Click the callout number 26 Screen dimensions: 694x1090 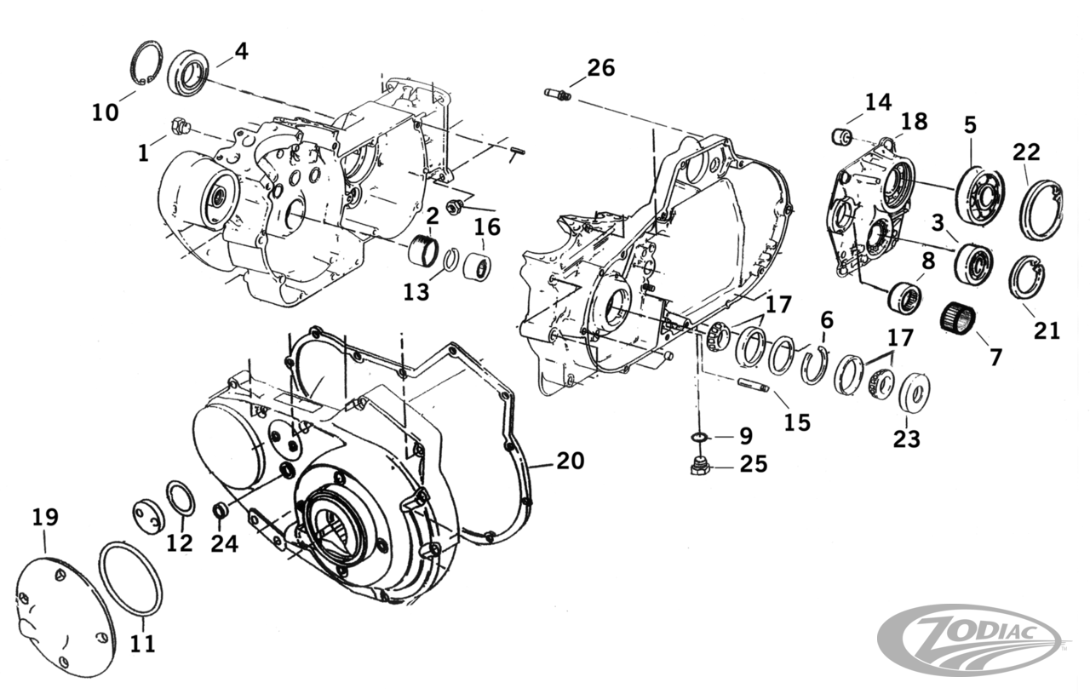click(x=601, y=67)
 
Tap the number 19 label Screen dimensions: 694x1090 click(x=45, y=517)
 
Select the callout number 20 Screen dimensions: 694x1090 click(x=571, y=461)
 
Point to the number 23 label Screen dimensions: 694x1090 click(x=906, y=439)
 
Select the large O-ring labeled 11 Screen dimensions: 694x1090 click(x=131, y=578)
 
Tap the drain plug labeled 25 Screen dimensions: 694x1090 click(x=700, y=467)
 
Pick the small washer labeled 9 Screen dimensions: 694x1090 click(x=697, y=437)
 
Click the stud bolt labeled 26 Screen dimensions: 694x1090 click(x=558, y=93)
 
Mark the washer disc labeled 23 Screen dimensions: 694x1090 click(x=913, y=390)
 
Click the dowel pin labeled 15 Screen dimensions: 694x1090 click(x=752, y=385)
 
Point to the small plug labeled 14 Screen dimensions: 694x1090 click(x=842, y=136)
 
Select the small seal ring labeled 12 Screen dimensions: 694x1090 click(x=180, y=498)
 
